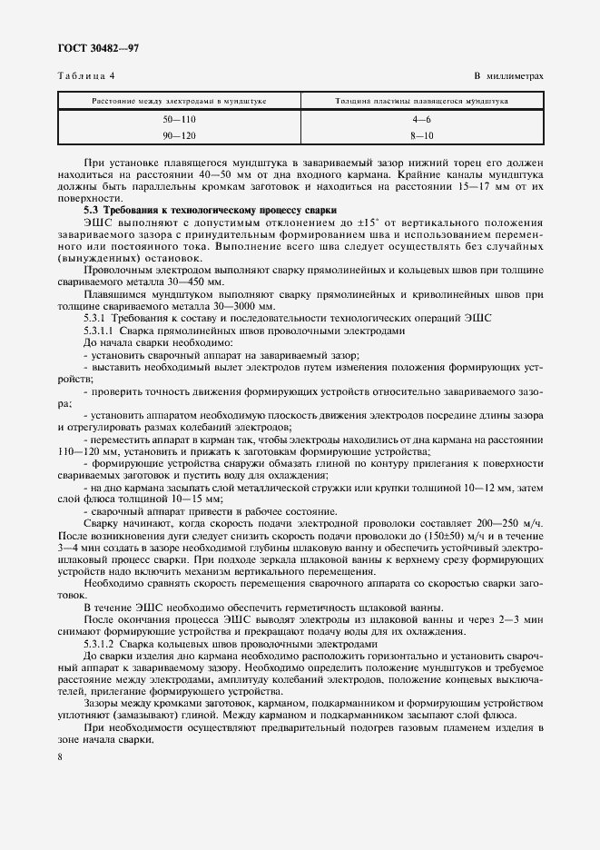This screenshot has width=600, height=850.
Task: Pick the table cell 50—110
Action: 179,121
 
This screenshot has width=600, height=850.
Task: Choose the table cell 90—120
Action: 179,135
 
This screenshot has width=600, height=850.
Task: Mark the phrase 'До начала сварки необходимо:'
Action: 145,343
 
